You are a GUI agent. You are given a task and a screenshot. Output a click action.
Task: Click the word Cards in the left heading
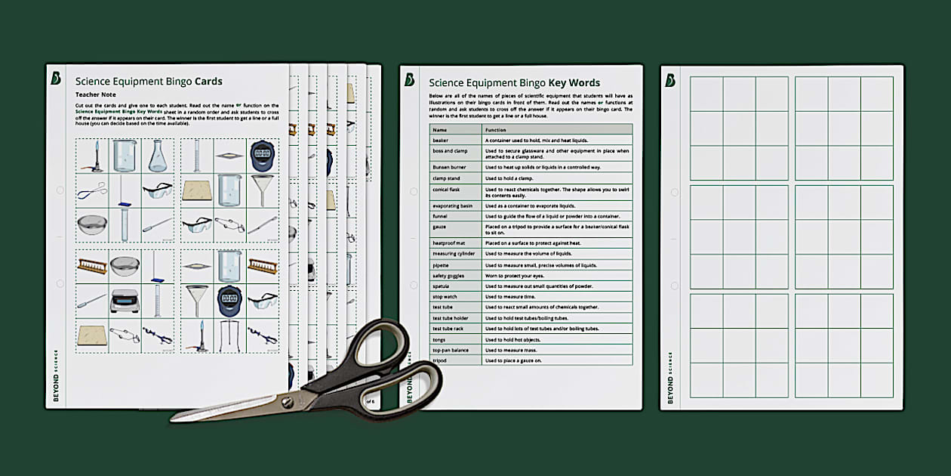click(208, 82)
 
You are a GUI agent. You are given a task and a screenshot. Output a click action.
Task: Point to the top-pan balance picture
click(125, 301)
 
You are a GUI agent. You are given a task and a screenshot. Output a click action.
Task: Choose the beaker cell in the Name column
click(441, 141)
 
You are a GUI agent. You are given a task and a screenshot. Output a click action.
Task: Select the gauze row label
click(441, 227)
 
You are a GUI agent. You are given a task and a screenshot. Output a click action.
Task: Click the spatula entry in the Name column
click(442, 286)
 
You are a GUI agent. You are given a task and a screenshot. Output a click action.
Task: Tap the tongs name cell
click(441, 339)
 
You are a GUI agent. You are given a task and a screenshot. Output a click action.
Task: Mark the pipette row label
click(442, 265)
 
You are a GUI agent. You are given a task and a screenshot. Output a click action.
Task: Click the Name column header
click(439, 130)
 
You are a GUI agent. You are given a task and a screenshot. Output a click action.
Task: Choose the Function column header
click(497, 130)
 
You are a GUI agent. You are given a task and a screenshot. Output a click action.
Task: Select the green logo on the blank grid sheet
click(670, 80)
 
